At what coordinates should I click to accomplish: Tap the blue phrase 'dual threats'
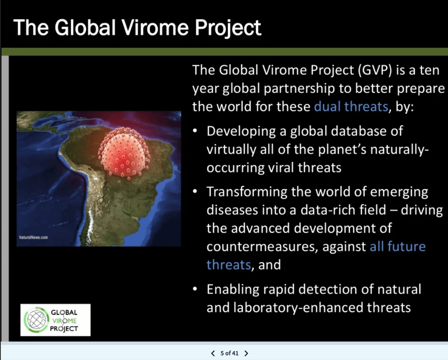click(351, 107)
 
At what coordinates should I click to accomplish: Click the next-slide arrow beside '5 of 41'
click(246, 354)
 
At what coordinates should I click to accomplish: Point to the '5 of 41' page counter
click(229, 354)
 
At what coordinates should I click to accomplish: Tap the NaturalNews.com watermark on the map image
click(33, 237)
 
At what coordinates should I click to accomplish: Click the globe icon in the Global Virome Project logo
click(36, 320)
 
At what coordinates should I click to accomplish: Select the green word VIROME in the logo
click(64, 320)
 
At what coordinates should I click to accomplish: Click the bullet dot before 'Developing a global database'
click(195, 131)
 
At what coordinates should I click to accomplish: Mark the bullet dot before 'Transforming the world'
click(195, 191)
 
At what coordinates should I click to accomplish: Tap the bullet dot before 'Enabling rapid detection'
click(195, 289)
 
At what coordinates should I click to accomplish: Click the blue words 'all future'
click(398, 246)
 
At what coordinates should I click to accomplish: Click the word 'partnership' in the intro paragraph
click(299, 89)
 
